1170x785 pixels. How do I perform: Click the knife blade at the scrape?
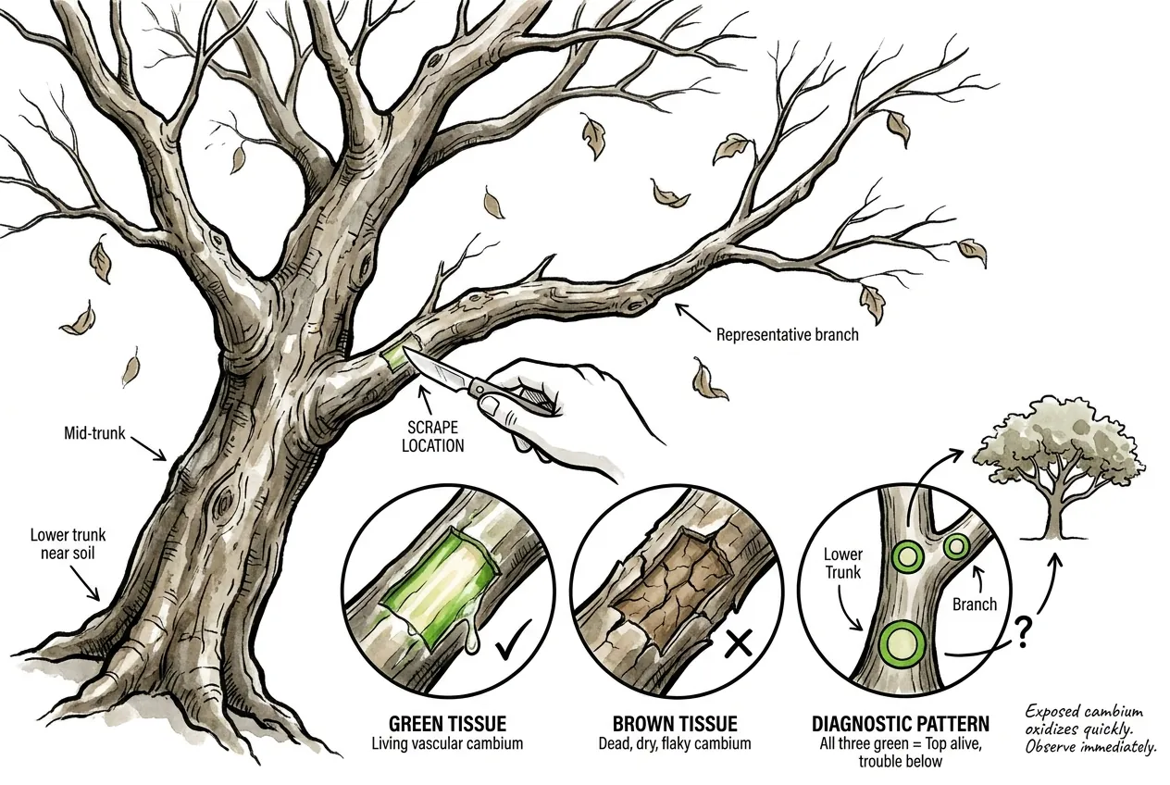[436, 369]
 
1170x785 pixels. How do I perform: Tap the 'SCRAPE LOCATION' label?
[432, 437]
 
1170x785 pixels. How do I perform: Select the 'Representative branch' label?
[787, 335]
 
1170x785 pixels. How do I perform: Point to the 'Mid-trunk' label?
[94, 433]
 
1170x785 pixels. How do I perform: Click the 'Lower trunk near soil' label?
[68, 543]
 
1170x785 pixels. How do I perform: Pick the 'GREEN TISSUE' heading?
[448, 724]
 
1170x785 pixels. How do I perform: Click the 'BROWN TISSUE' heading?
[675, 724]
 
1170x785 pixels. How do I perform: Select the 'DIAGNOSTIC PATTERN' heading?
[901, 724]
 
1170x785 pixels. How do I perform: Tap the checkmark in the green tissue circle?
[514, 641]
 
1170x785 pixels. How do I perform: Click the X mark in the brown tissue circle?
[739, 643]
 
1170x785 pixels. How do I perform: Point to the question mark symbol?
[1022, 632]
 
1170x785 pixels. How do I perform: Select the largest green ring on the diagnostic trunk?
[901, 643]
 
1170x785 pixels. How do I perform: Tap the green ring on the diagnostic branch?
[956, 547]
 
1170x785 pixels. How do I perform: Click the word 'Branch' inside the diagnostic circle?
[975, 604]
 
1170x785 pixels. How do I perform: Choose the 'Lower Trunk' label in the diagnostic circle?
[843, 563]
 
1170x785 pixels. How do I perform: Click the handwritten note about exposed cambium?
[1089, 729]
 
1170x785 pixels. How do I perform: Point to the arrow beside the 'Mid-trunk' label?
[149, 449]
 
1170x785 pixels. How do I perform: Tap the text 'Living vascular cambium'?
[447, 743]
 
